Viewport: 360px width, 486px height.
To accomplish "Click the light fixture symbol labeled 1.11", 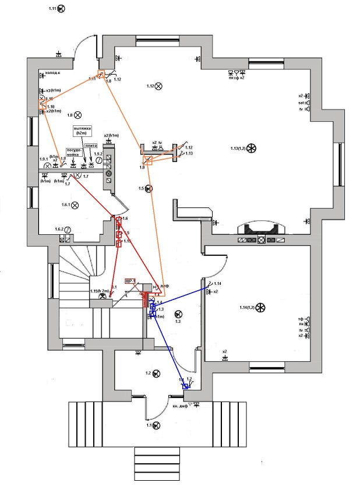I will click(62, 9).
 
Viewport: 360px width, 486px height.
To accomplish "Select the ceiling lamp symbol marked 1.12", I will click(158, 86).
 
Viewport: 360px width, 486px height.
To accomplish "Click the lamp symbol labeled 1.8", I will click(77, 115).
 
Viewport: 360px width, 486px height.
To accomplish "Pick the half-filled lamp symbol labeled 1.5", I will click(149, 188).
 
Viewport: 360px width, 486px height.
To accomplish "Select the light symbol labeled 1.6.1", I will click(77, 205).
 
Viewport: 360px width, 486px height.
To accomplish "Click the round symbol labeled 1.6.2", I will click(68, 230).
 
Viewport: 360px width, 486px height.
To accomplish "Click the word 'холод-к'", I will click(52, 73).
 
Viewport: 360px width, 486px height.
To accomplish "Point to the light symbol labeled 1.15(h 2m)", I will click(103, 297).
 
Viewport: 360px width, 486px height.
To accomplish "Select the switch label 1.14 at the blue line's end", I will click(218, 283).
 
